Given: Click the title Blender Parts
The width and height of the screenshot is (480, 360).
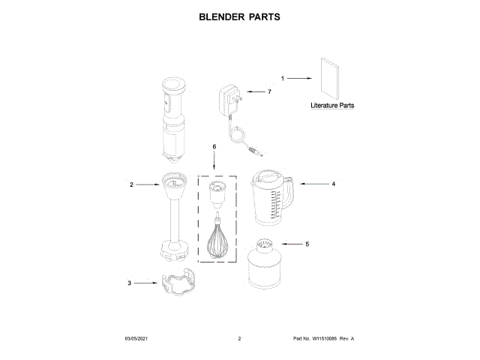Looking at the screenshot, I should click(239, 16).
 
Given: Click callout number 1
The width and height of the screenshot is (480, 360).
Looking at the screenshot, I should click(283, 78).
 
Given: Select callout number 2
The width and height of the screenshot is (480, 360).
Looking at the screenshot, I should click(131, 184).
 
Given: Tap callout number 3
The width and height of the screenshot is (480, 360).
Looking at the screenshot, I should click(129, 283).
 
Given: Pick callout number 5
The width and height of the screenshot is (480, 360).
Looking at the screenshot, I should click(306, 244).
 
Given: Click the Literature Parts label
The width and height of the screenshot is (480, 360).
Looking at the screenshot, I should click(332, 106).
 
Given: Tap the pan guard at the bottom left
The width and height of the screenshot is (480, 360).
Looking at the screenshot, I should click(178, 286).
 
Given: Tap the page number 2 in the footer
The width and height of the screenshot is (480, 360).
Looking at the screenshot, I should click(239, 340).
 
